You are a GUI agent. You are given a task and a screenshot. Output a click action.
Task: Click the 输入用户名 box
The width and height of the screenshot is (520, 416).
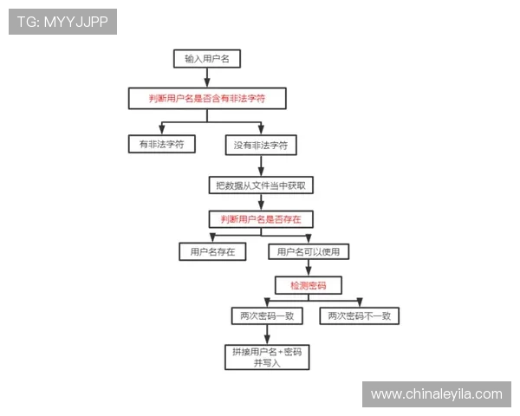pyautogui.click(x=207, y=59)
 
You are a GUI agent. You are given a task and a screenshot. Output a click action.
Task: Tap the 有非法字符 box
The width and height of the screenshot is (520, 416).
pyautogui.click(x=161, y=144)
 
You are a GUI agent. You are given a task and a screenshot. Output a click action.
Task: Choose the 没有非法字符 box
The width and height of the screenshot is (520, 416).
pyautogui.click(x=261, y=145)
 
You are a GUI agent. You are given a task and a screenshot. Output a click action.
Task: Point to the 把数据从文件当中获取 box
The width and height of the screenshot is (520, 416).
pyautogui.click(x=260, y=185)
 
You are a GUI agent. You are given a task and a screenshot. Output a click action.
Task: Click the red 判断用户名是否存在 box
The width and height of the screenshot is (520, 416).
pyautogui.click(x=261, y=219)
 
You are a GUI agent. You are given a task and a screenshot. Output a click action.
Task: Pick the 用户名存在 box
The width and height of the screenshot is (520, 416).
pyautogui.click(x=212, y=252)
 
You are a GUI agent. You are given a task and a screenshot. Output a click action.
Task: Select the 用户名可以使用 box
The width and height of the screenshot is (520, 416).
pyautogui.click(x=309, y=252)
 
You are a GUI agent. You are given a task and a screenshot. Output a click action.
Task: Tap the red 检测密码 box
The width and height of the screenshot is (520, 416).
pyautogui.click(x=309, y=284)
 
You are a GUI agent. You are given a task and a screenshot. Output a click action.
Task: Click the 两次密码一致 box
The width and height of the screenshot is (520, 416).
pyautogui.click(x=266, y=316)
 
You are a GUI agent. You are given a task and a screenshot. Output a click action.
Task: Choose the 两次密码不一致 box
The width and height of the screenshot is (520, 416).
pyautogui.click(x=359, y=316)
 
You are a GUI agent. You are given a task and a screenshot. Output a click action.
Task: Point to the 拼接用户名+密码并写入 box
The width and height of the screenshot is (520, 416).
pyautogui.click(x=267, y=358)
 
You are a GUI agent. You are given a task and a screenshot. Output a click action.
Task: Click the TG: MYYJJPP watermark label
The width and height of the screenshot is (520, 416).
pyautogui.click(x=62, y=22)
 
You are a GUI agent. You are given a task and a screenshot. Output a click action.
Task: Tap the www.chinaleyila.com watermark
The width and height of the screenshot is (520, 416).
pyautogui.click(x=436, y=394)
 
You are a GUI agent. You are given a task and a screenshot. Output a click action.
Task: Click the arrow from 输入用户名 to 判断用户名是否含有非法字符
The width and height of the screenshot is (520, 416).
pyautogui.click(x=207, y=78)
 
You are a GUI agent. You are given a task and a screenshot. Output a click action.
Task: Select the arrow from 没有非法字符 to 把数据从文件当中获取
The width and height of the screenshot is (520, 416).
pyautogui.click(x=260, y=166)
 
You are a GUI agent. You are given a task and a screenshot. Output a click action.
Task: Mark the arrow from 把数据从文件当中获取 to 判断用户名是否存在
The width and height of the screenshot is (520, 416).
pyautogui.click(x=260, y=202)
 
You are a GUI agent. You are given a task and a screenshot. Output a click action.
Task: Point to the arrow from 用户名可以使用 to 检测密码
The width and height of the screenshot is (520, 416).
pyautogui.click(x=309, y=269)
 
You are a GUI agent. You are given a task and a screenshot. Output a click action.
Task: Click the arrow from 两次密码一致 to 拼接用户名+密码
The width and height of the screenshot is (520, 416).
pyautogui.click(x=266, y=335)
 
